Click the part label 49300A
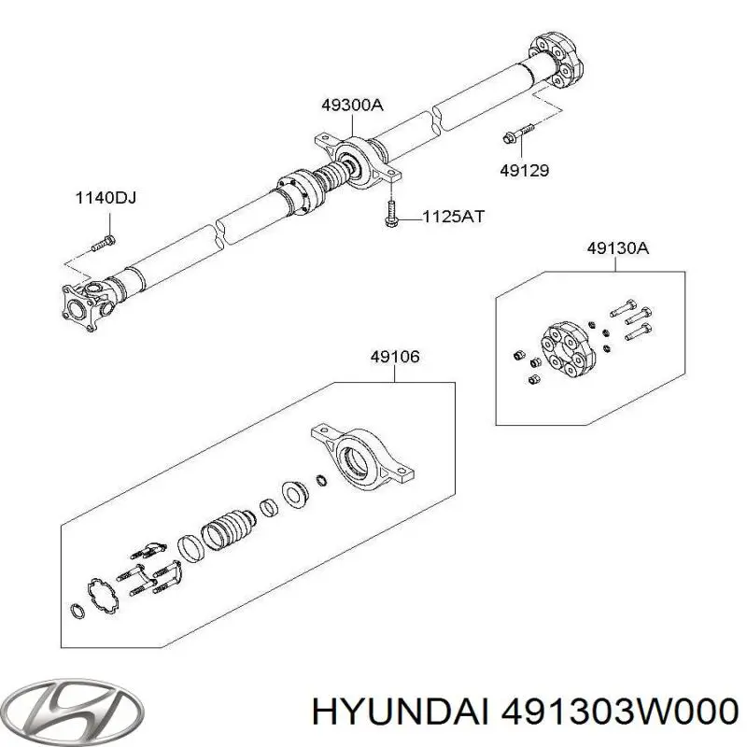pyautogui.click(x=351, y=106)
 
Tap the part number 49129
pyautogui.click(x=523, y=170)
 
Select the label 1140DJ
pyautogui.click(x=106, y=198)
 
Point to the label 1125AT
pyautogui.click(x=453, y=217)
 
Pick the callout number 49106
pyautogui.click(x=394, y=356)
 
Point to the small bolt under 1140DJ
pyautogui.click(x=104, y=245)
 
